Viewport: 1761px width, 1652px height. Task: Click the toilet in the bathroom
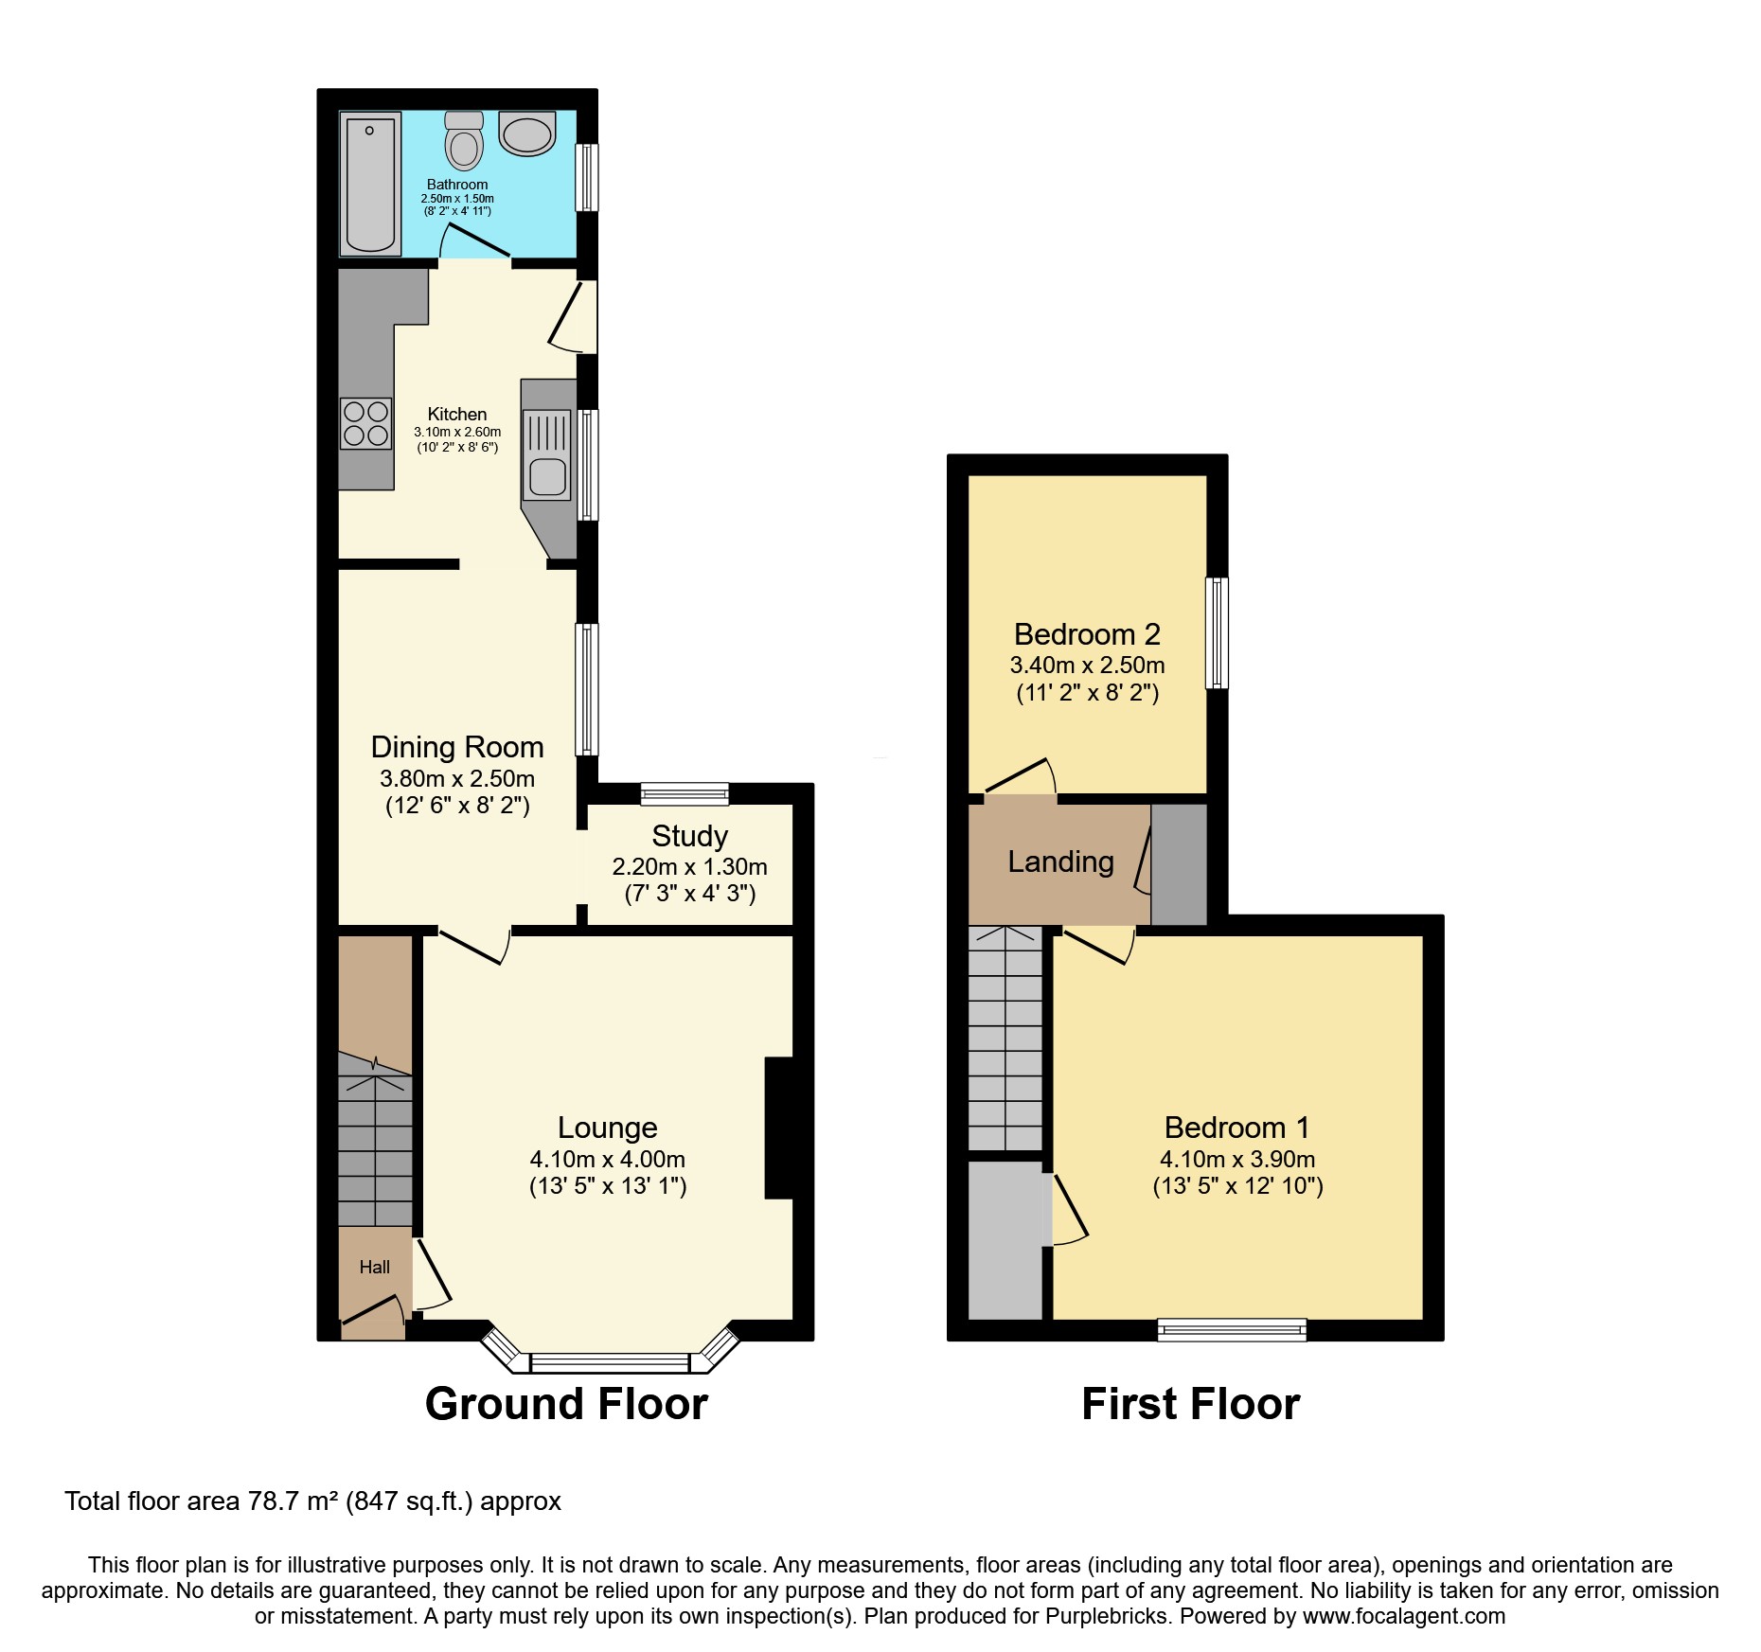464,142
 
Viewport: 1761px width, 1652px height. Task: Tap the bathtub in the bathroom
370,184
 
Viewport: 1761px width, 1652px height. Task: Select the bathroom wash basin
527,134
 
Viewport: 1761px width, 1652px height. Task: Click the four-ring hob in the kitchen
365,423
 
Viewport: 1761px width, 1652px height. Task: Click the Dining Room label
456,747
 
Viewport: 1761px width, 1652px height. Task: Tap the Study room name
689,836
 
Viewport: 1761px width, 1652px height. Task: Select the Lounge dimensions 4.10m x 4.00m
607,1159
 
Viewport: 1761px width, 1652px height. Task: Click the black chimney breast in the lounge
779,1128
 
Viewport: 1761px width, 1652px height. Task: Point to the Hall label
374,1267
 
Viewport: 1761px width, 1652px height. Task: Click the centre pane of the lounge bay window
609,1363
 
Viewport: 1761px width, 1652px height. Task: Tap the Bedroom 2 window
1217,632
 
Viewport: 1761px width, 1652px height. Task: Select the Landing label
1060,862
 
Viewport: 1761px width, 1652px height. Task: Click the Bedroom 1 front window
1232,1330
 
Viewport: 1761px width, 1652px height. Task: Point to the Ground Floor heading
566,1403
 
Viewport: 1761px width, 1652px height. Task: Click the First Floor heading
1190,1403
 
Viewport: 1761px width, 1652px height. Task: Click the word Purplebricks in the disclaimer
1106,1616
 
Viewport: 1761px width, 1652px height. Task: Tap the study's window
685,793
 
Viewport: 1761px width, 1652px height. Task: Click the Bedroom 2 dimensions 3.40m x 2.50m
1087,665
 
